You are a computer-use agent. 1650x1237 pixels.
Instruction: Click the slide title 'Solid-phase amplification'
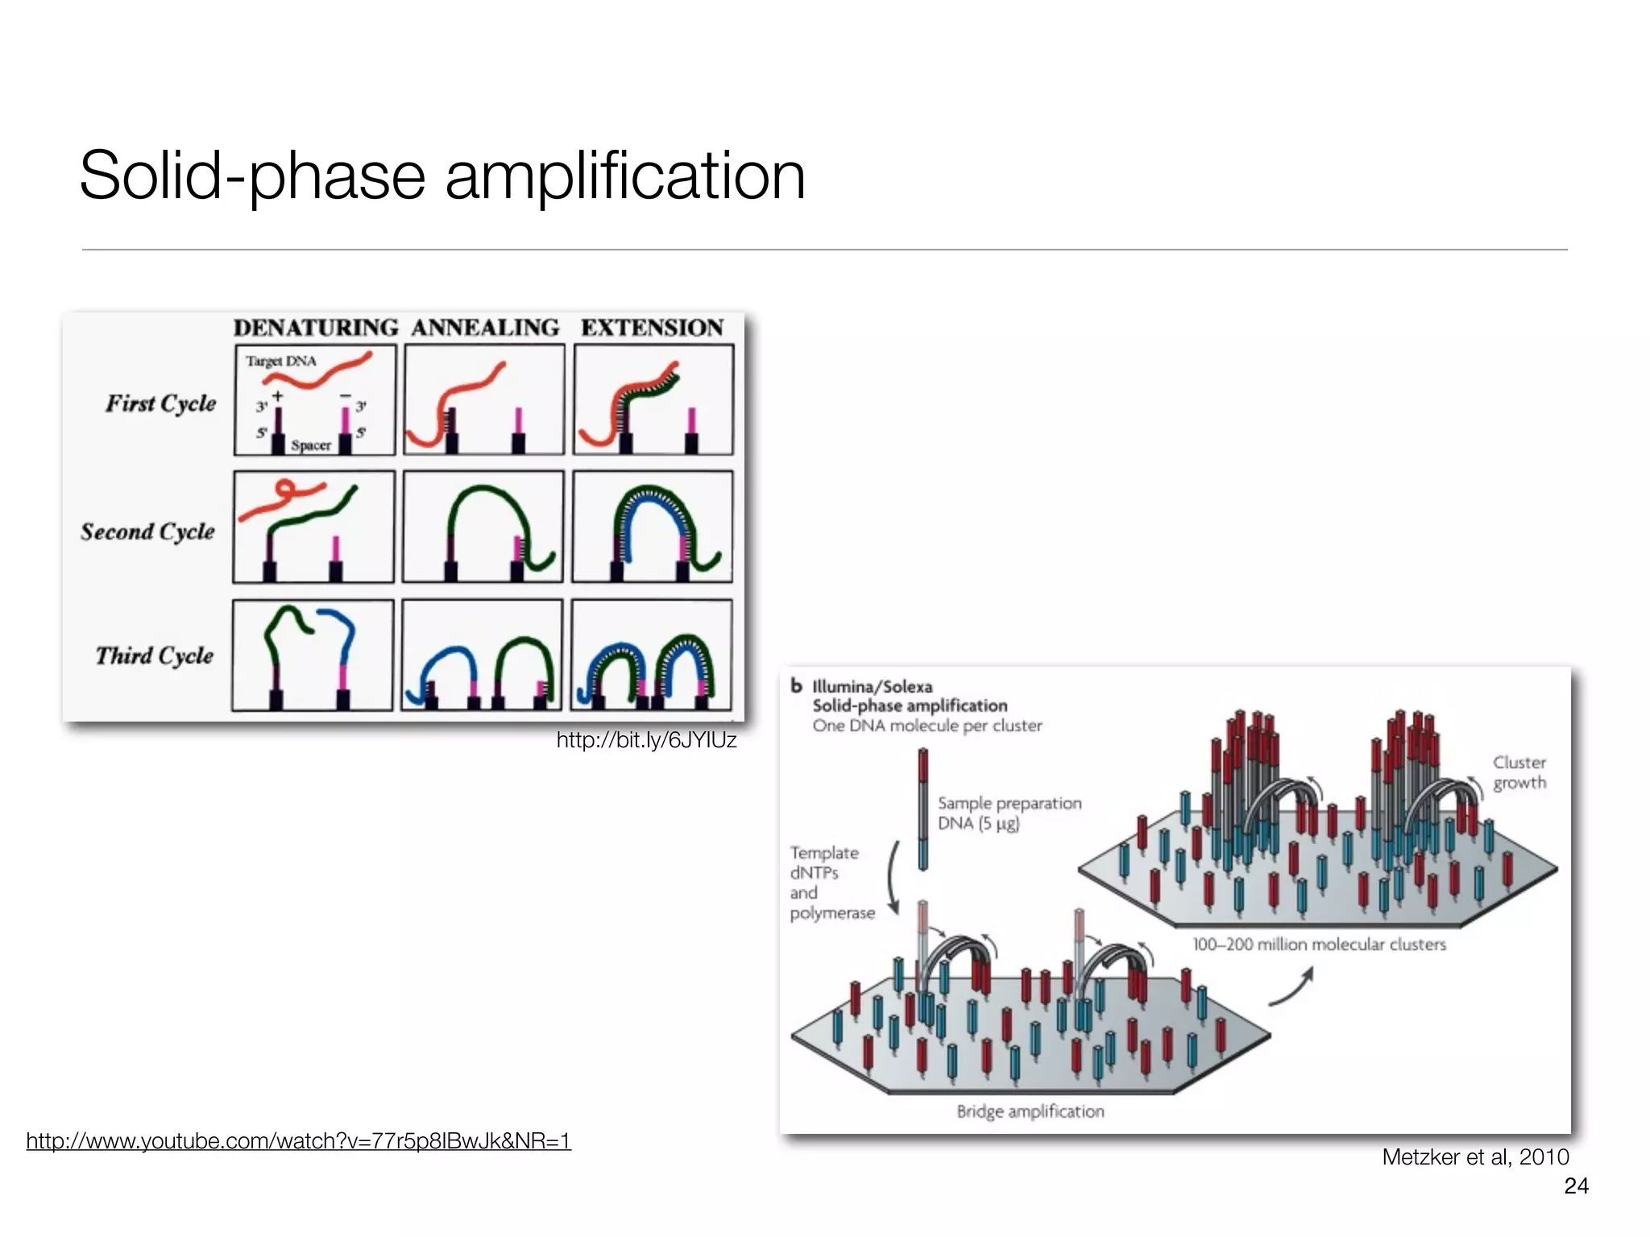click(442, 176)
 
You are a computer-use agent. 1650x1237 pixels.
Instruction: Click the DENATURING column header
click(316, 328)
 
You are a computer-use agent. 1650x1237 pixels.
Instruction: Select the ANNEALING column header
click(485, 328)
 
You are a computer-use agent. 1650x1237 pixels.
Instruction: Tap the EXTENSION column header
click(653, 328)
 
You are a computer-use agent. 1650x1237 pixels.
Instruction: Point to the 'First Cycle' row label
click(161, 403)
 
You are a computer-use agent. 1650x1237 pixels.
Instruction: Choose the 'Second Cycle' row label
click(148, 532)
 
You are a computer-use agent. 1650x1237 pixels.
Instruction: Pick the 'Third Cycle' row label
click(155, 656)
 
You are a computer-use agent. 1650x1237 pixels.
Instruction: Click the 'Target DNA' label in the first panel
click(281, 361)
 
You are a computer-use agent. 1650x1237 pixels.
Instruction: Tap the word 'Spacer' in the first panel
click(311, 445)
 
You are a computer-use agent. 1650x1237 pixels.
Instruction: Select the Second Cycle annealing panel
click(483, 527)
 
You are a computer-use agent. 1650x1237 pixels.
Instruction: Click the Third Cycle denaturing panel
click(313, 655)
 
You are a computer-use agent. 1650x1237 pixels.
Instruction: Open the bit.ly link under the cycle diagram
click(646, 740)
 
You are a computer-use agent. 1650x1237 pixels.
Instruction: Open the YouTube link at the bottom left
click(298, 1141)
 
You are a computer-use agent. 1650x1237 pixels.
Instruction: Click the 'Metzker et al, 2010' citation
click(1475, 1157)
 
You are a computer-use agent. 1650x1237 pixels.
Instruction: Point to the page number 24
click(1576, 1185)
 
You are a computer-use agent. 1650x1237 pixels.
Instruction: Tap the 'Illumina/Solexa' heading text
click(872, 687)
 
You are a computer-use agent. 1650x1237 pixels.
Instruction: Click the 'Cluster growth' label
click(1519, 772)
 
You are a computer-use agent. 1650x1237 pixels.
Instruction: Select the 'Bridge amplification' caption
click(1030, 1111)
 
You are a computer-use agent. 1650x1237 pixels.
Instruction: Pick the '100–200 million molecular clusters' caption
click(1319, 944)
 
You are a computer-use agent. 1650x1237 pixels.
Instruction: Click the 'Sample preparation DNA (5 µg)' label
click(1009, 813)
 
